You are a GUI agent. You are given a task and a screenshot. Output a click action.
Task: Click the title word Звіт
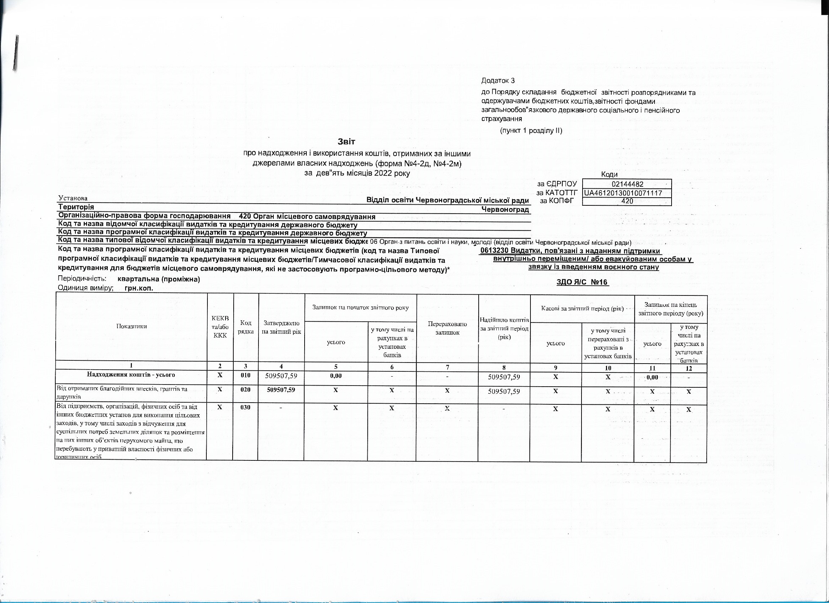(347, 141)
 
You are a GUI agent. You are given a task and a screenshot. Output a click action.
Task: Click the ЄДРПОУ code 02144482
(627, 184)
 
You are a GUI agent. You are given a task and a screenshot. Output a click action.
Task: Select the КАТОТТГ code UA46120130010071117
(626, 193)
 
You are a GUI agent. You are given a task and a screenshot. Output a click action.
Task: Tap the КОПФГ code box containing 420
(627, 201)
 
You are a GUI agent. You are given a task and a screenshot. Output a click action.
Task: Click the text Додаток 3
(498, 81)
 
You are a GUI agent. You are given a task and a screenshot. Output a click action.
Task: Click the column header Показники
(131, 326)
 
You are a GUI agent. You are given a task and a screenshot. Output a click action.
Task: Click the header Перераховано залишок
(447, 328)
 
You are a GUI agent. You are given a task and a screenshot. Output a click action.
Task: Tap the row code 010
(245, 375)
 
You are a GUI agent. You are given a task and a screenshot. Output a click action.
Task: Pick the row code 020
(245, 390)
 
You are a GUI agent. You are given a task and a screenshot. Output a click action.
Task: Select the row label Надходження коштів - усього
(131, 375)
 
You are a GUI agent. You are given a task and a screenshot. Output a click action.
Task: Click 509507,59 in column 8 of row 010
(504, 377)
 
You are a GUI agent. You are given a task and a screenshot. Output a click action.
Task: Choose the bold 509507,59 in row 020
(281, 390)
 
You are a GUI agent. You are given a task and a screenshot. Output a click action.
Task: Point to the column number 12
(689, 369)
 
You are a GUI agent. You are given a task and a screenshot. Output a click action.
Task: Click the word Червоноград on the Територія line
(505, 210)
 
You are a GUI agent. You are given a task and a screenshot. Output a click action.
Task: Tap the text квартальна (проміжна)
(158, 280)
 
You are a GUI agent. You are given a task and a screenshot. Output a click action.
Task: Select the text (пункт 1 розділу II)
(531, 131)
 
